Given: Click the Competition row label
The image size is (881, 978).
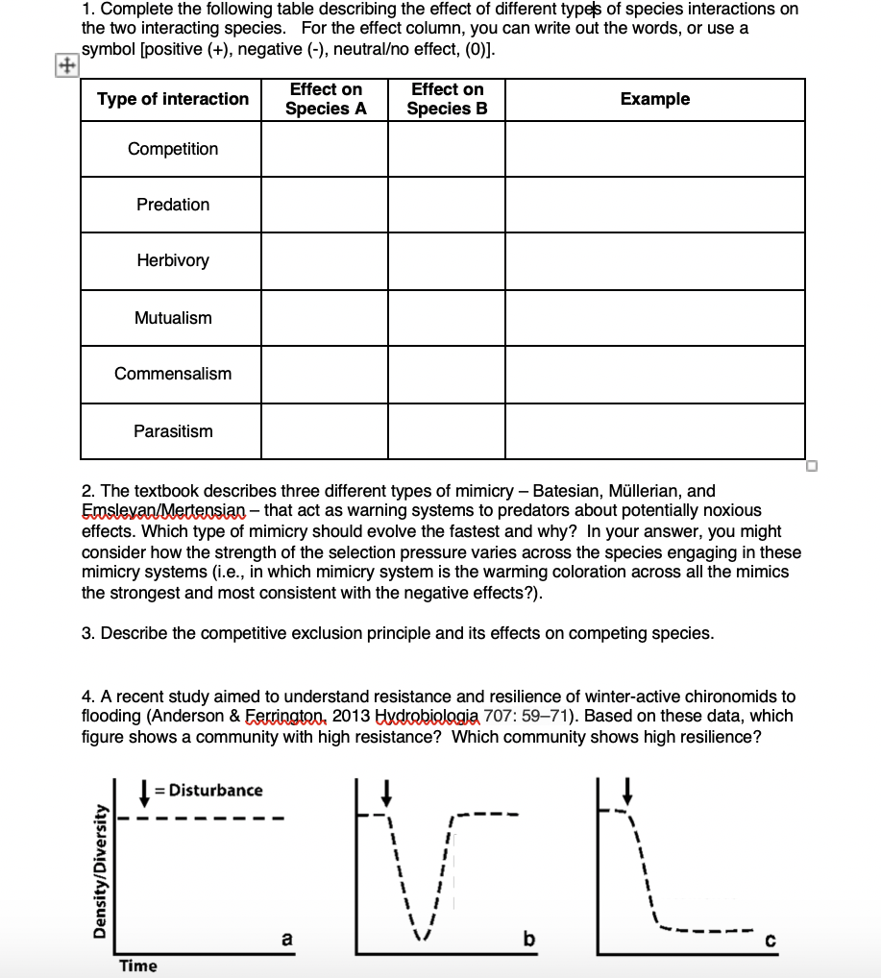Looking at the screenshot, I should click(x=173, y=149).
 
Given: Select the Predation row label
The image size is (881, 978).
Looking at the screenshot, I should click(x=173, y=205).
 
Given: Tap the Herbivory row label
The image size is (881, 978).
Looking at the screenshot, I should click(x=173, y=260).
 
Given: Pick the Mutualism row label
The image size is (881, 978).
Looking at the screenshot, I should click(x=173, y=318).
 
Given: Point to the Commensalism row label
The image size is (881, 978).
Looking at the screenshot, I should click(x=173, y=374).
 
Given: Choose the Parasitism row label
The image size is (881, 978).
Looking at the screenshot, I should click(x=173, y=431).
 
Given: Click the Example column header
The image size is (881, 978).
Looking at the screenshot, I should click(x=654, y=99).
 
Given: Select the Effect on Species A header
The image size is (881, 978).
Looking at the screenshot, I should click(x=326, y=99).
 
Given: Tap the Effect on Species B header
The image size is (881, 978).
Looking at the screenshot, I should click(x=447, y=99).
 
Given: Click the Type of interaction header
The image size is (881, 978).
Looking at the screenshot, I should click(x=173, y=99).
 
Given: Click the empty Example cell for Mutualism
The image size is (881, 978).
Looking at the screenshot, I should click(x=654, y=318).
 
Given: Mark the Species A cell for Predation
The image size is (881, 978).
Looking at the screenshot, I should click(x=325, y=205).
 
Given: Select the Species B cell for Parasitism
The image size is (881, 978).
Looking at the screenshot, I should click(x=447, y=431).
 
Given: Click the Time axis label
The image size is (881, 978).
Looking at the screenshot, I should click(x=138, y=966).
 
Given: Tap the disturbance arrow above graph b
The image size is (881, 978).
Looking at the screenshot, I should click(x=386, y=792).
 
